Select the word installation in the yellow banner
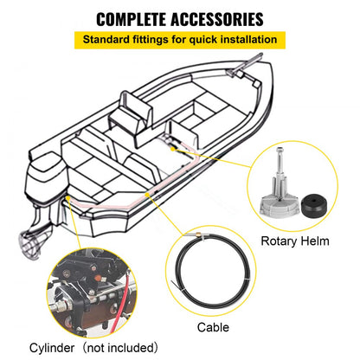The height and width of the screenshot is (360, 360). (x=245, y=40)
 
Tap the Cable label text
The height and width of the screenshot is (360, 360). (x=213, y=327)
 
